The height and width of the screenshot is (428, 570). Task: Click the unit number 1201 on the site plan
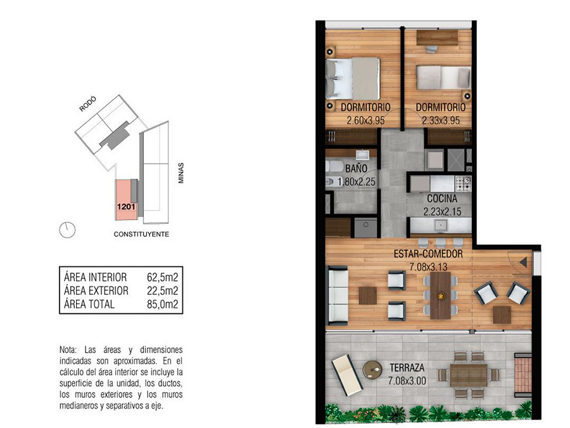[x=126, y=207]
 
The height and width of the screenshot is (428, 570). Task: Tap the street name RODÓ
[x=87, y=104]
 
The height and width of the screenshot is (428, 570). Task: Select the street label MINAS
[x=180, y=173]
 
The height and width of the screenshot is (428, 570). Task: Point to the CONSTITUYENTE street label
[x=141, y=234]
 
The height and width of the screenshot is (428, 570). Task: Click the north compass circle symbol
[x=67, y=230]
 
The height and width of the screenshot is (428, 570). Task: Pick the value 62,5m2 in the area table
[x=163, y=277]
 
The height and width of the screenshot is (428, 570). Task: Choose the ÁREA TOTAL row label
[x=89, y=304]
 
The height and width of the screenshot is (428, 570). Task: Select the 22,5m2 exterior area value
[x=163, y=291]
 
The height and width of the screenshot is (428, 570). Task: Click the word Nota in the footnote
[x=68, y=350]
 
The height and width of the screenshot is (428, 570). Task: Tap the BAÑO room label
[x=356, y=169]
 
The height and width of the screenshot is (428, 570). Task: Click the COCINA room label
[x=442, y=198]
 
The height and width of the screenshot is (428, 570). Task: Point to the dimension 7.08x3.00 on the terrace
[x=407, y=380]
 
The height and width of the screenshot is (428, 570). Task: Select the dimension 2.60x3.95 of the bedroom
[x=365, y=120]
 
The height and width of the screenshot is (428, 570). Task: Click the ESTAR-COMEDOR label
[x=428, y=254]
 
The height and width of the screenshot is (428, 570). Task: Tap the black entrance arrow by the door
[x=524, y=262]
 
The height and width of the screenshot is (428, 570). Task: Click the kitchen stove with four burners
[x=464, y=184]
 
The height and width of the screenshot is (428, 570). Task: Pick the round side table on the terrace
[x=372, y=370]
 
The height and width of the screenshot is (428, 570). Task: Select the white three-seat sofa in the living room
[x=338, y=295]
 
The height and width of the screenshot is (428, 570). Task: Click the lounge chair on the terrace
[x=346, y=375]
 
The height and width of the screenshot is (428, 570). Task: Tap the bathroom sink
[x=362, y=155]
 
